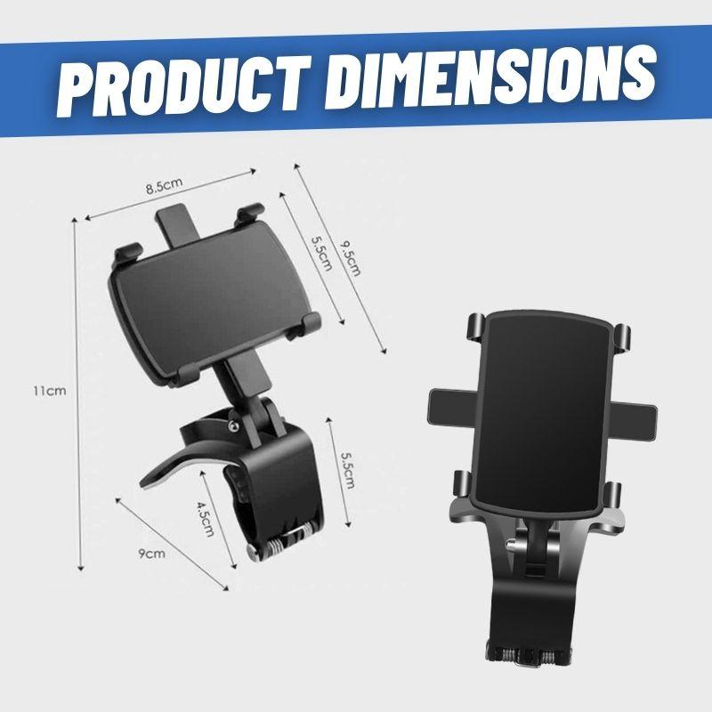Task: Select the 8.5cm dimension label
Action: pyautogui.click(x=165, y=187)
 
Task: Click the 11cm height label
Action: pyautogui.click(x=44, y=390)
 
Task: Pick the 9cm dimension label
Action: pyautogui.click(x=152, y=554)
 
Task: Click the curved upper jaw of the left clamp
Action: pyautogui.click(x=196, y=441)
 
